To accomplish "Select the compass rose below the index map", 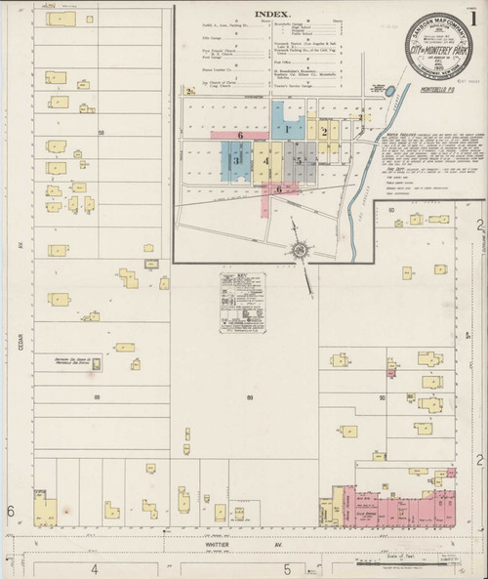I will point(301,249).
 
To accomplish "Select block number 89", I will point(251,397).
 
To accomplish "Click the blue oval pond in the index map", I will point(390,91).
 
